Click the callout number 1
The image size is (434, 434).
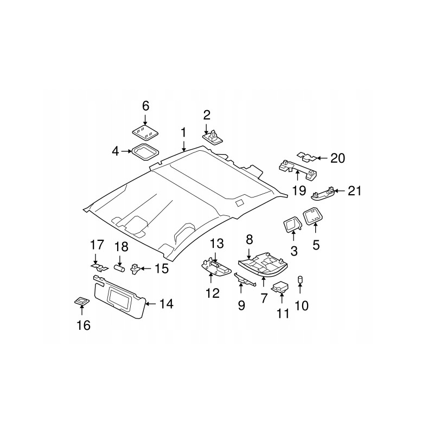tap(183, 132)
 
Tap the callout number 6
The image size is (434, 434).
tap(145, 105)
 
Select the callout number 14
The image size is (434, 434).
tap(167, 304)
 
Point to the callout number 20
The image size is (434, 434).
tap(337, 158)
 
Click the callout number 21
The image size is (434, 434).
tap(354, 191)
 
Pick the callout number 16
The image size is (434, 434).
tap(84, 325)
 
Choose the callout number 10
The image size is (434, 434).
tap(301, 305)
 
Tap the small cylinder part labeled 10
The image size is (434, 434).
tap(300, 280)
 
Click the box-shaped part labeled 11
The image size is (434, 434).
tap(281, 287)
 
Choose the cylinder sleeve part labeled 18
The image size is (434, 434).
tap(119, 267)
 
